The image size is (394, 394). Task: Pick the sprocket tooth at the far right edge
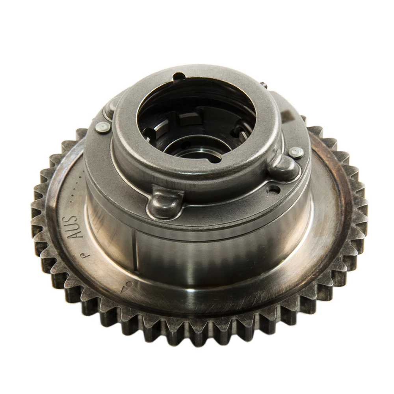361,213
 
